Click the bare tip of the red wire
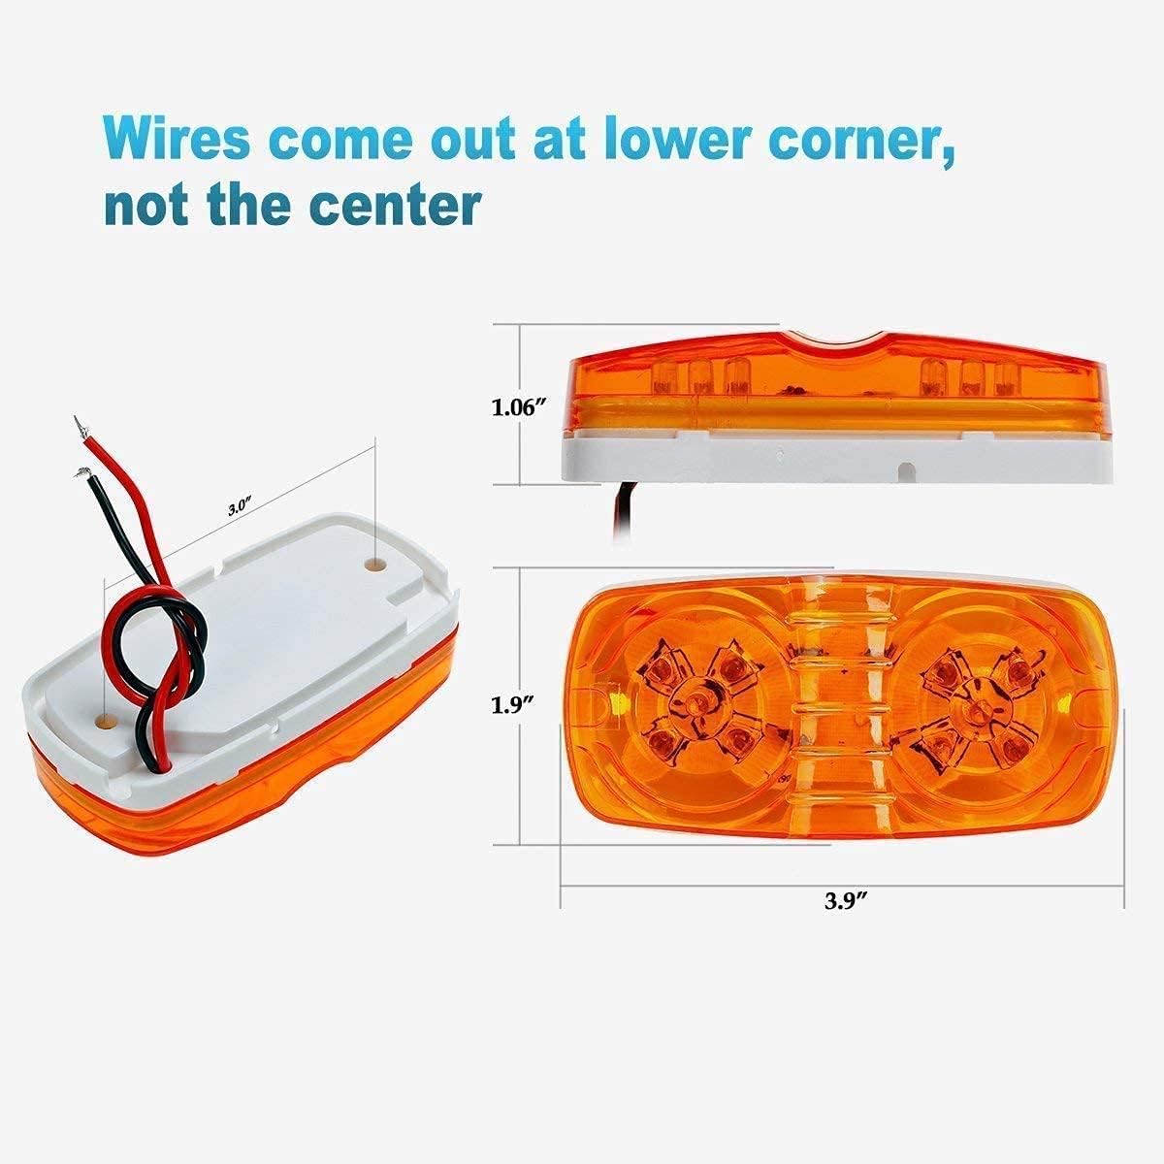(x=77, y=424)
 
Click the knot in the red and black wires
(x=182, y=644)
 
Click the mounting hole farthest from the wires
(x=374, y=562)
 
